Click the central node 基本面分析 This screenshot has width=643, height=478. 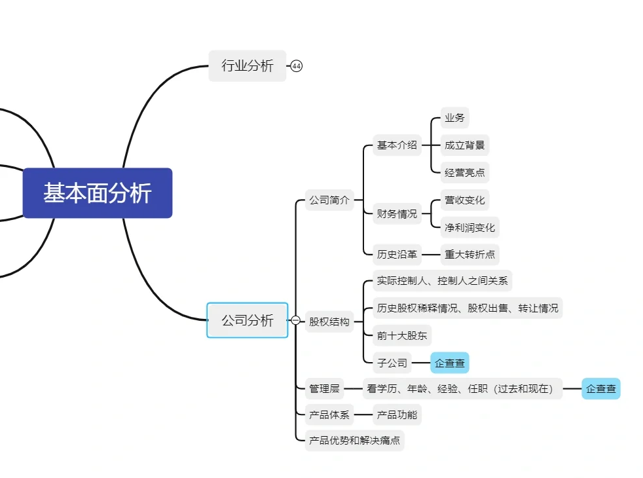tap(98, 193)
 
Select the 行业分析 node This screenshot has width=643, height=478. tap(248, 65)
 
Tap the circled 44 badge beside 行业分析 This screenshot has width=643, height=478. tap(297, 66)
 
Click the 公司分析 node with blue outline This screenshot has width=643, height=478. tap(248, 320)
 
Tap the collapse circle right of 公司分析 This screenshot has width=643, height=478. tap(295, 320)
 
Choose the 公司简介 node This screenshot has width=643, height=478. tap(329, 200)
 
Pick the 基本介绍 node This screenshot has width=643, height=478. tap(397, 145)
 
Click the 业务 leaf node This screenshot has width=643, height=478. tap(454, 118)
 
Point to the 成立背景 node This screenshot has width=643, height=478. tap(464, 145)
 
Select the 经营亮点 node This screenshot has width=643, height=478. tap(464, 173)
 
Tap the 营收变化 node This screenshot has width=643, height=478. tap(465, 200)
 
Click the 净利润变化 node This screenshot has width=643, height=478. tap(469, 228)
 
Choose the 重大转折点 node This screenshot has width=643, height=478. tap(469, 254)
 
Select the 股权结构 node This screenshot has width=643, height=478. tap(329, 322)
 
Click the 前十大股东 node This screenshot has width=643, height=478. tap(402, 336)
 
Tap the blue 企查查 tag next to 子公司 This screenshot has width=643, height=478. tap(450, 363)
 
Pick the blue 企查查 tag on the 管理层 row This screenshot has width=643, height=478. tap(600, 388)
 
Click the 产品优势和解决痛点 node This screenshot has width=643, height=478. tap(354, 441)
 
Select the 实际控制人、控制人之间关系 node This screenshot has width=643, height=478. tap(442, 281)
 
